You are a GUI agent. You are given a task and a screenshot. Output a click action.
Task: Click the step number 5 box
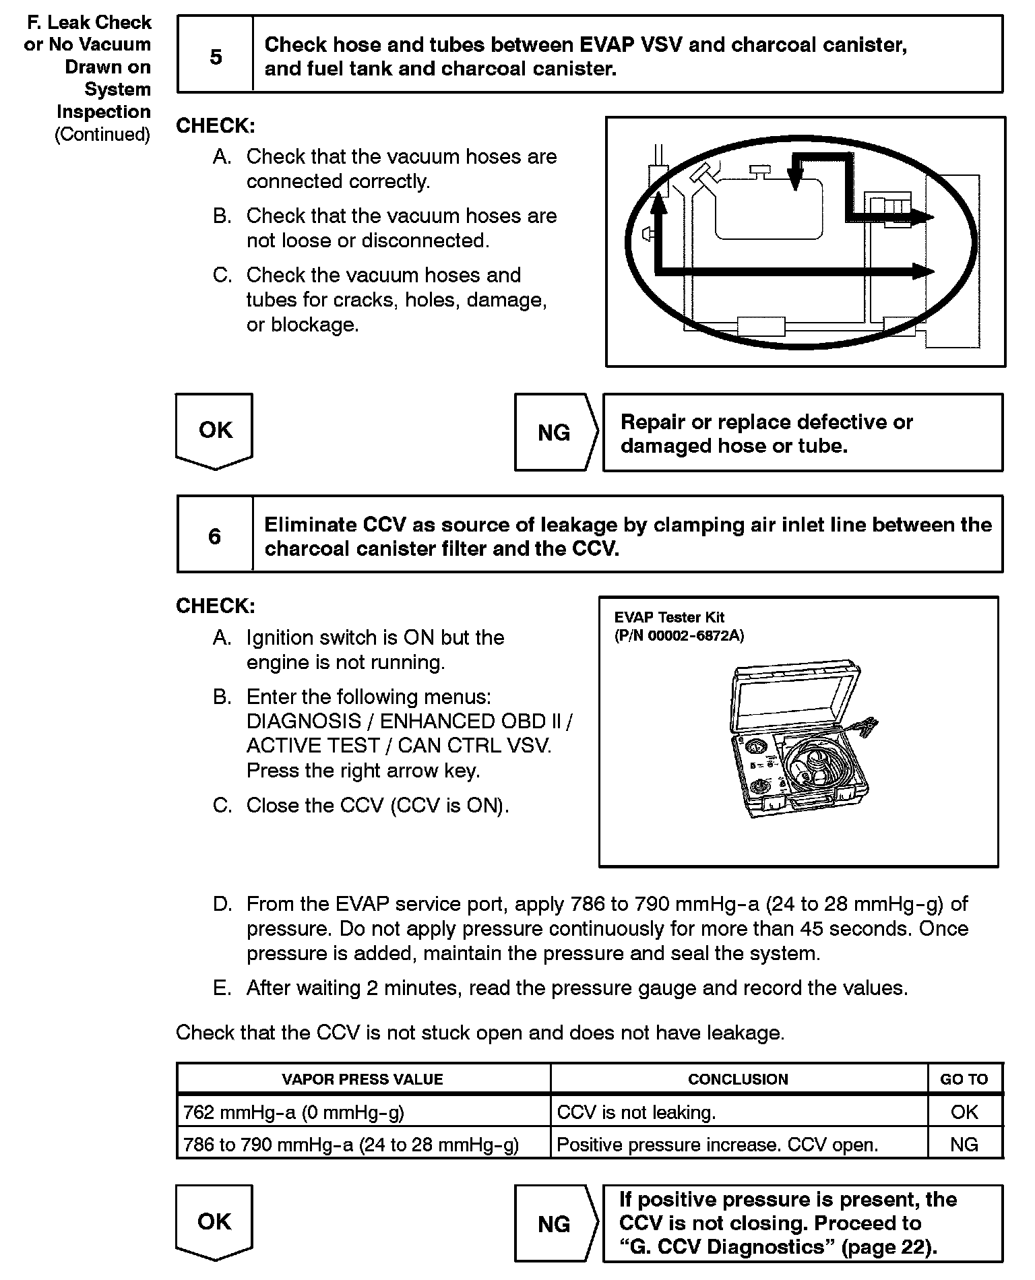click(x=215, y=57)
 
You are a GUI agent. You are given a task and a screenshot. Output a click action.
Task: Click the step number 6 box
click(x=215, y=536)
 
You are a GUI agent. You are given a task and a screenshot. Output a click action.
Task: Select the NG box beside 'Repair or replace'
click(x=554, y=433)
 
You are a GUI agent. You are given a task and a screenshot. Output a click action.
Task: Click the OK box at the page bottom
click(x=214, y=1221)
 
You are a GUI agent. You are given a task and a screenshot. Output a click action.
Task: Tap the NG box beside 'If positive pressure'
click(x=554, y=1224)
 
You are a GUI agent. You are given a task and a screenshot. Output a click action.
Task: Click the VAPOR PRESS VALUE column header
click(x=363, y=1079)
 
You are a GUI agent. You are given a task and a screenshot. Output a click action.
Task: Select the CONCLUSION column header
click(x=738, y=1079)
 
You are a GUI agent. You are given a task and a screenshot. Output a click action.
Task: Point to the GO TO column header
click(x=964, y=1079)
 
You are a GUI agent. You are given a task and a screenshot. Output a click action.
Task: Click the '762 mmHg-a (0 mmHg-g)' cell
click(x=294, y=1112)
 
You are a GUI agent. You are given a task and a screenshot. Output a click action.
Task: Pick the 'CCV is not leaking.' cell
click(x=636, y=1112)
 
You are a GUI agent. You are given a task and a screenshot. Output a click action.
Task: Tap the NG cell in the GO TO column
click(x=964, y=1145)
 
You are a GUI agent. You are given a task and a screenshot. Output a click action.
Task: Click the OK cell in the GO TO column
click(x=964, y=1112)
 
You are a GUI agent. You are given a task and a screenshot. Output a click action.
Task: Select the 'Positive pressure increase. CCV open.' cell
click(x=717, y=1145)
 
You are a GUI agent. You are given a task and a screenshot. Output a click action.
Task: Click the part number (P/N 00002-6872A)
click(x=679, y=636)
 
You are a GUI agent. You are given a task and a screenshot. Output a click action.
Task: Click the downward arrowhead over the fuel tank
click(x=796, y=179)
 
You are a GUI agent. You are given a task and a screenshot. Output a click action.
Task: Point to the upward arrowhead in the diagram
click(x=658, y=199)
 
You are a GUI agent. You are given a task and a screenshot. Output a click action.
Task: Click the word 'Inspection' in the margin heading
click(x=103, y=112)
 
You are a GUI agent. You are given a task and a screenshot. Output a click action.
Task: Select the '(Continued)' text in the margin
click(x=102, y=135)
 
